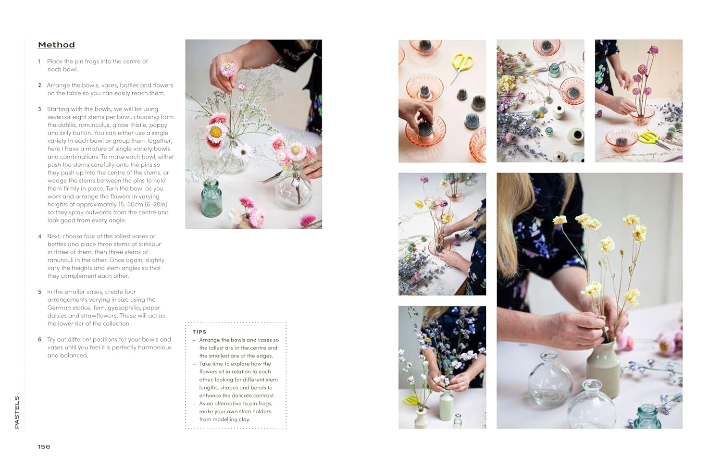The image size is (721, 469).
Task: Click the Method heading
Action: [56, 45]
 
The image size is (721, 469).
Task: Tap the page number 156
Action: [44, 446]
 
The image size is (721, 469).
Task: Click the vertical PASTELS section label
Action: [17, 412]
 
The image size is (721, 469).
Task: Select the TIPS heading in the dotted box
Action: [199, 332]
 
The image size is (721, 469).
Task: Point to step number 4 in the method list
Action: [40, 236]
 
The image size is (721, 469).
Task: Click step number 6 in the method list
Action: [40, 340]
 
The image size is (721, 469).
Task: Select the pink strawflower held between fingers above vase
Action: [228, 69]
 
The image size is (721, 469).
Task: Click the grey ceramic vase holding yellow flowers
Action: [603, 367]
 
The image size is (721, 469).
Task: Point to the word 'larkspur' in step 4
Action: [149, 244]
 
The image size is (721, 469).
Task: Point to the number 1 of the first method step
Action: [39, 62]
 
